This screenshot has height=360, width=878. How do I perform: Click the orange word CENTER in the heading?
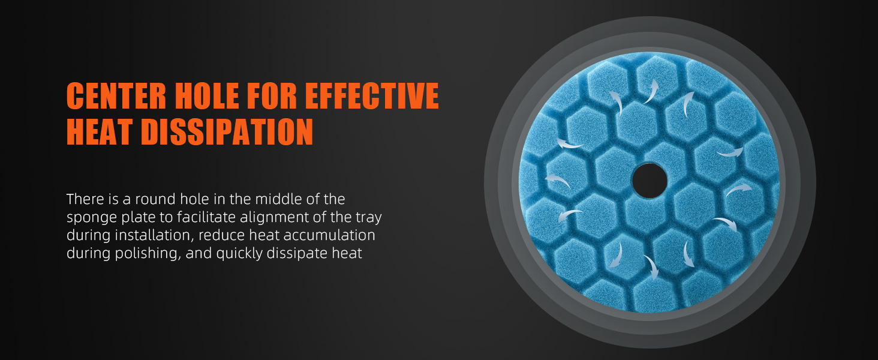[x=116, y=95]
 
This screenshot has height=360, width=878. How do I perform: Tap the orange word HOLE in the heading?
[x=206, y=95]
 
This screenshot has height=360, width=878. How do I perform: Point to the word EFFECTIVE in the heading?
[x=372, y=95]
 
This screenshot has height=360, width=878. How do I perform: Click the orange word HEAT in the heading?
[x=99, y=132]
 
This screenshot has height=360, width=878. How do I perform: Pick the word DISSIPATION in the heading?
[x=227, y=132]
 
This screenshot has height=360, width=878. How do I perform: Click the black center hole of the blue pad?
[x=649, y=181]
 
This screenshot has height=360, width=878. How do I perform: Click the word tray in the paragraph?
[x=368, y=218]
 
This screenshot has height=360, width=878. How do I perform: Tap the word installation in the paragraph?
[x=155, y=235]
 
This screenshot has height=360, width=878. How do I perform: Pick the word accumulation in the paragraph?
[x=329, y=235]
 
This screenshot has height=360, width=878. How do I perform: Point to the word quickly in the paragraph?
[x=239, y=254]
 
